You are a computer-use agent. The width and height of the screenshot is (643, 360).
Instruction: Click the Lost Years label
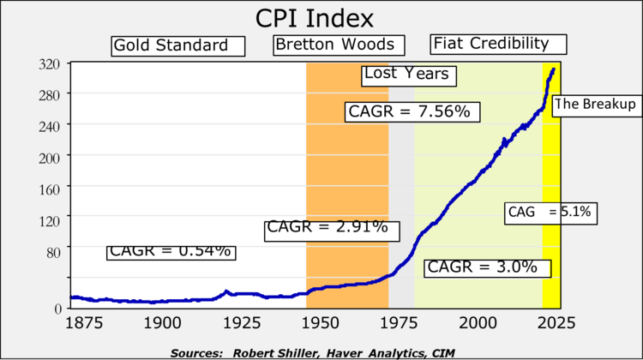406,74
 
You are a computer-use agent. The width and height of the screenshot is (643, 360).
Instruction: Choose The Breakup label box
595,105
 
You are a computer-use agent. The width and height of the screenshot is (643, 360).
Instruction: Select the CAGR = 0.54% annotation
171,251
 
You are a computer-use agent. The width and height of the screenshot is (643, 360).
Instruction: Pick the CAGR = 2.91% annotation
327,228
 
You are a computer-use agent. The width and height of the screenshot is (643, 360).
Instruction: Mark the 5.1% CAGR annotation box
549,212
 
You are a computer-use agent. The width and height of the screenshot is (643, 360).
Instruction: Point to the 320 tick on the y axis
49,64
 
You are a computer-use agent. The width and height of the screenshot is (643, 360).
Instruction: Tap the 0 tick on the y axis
57,309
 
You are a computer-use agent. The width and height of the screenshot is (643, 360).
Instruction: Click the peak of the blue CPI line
554,69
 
